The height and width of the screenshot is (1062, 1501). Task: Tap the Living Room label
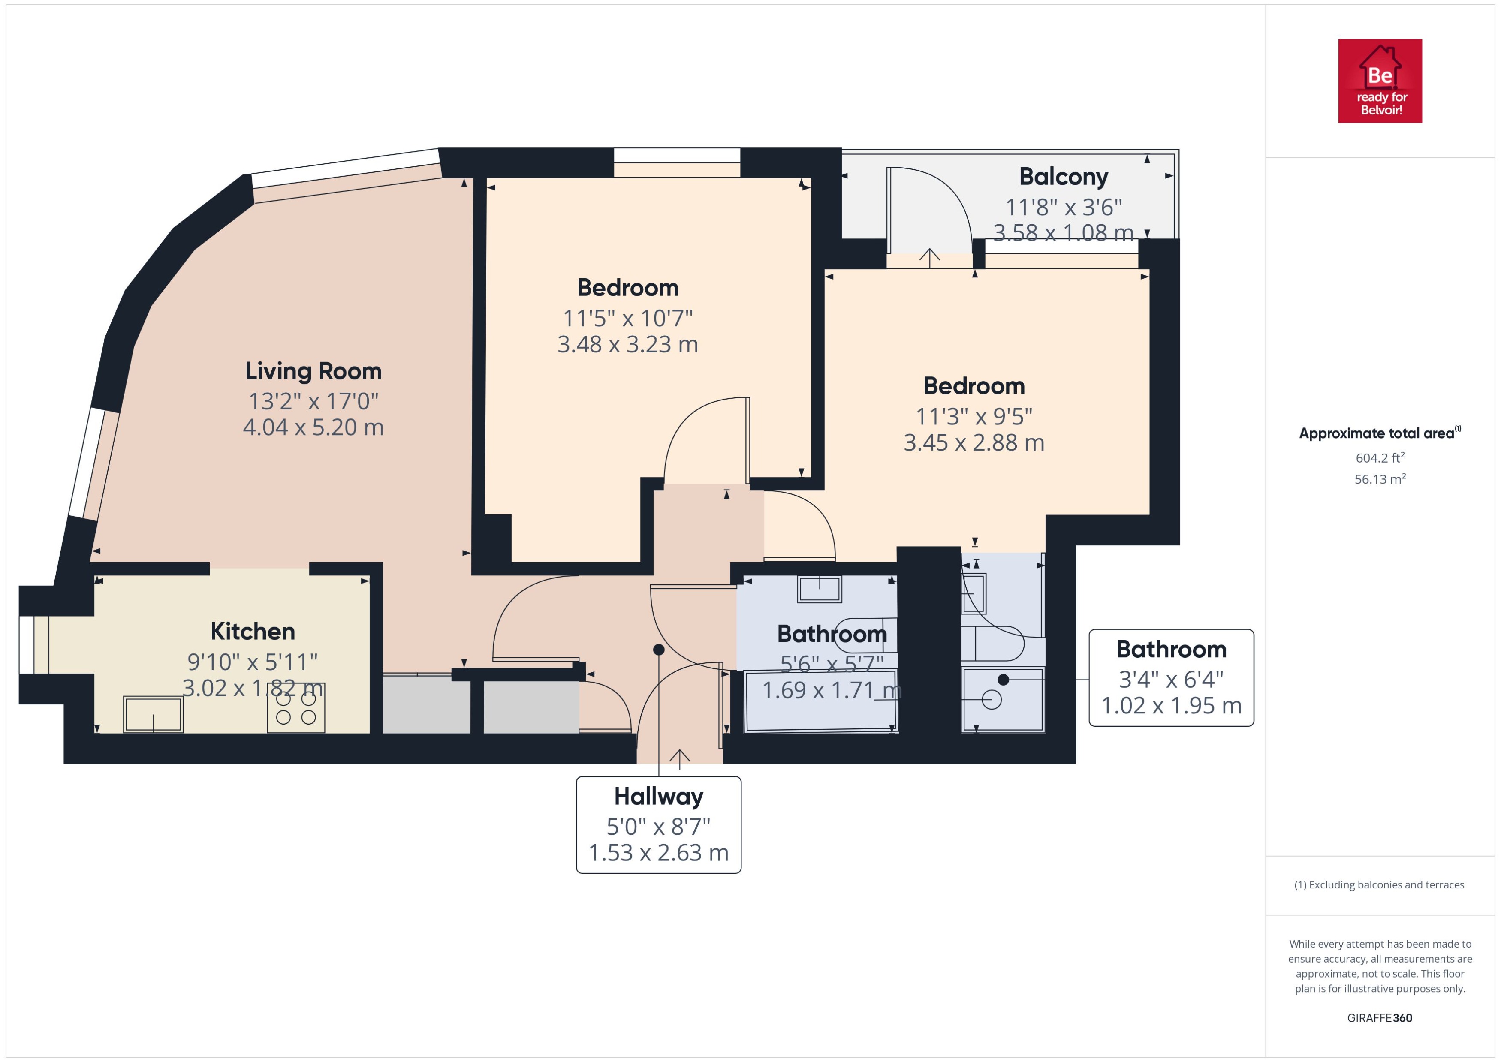[x=313, y=371]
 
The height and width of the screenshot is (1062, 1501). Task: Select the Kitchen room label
[x=253, y=631]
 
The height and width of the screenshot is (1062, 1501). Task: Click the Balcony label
[x=1064, y=177]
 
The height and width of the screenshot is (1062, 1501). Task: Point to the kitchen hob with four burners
[x=295, y=707]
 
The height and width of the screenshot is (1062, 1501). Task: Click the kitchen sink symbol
[x=153, y=714]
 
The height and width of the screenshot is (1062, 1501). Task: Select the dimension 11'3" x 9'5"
[x=974, y=416]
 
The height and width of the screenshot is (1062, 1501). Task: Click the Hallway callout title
[x=659, y=797]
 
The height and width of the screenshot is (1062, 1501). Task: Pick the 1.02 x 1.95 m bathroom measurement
[x=1171, y=706]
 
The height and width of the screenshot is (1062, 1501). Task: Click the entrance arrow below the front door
[x=680, y=758]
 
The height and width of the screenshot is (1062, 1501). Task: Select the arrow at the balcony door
[x=929, y=258]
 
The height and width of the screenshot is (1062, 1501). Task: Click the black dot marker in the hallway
[x=659, y=650]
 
